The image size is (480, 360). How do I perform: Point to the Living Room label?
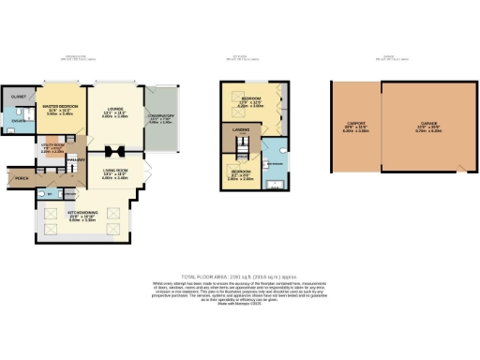pos(114,169)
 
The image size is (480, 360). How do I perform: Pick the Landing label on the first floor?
pos(240,130)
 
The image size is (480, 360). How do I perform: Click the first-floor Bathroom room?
pos(274,162)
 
